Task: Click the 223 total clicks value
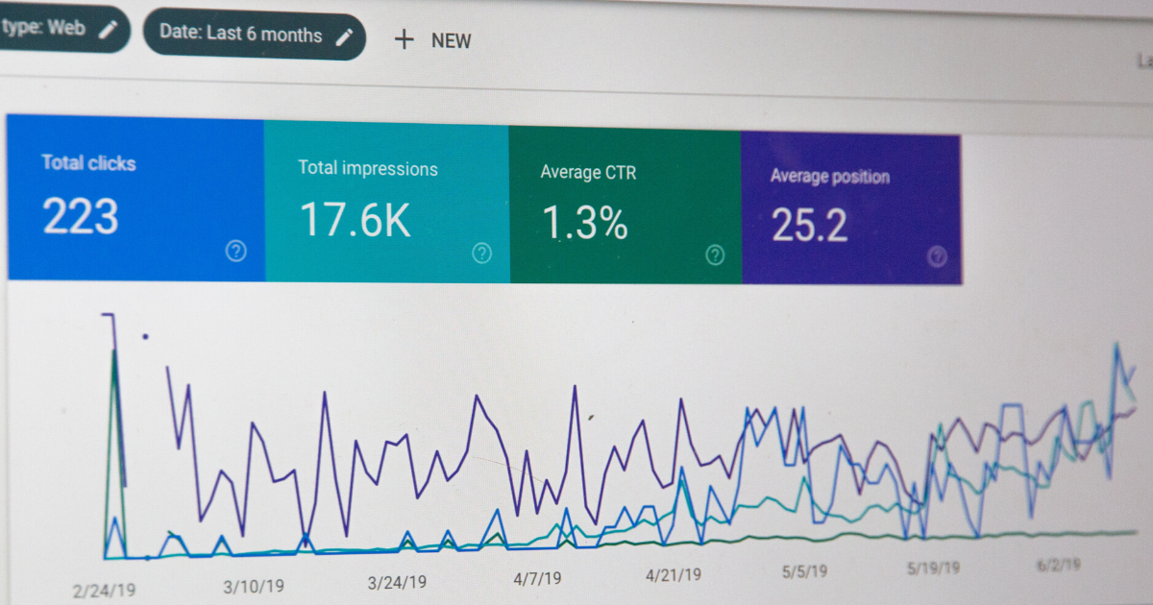point(81,216)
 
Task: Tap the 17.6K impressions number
point(355,219)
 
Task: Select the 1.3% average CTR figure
point(585,223)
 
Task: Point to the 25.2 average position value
point(810,226)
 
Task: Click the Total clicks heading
point(88,163)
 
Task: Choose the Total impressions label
point(367,169)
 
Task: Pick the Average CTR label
point(588,174)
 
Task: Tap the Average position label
point(829,177)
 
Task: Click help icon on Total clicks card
point(235,251)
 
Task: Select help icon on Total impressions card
point(482,253)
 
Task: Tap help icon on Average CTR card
point(715,254)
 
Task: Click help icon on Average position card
point(938,256)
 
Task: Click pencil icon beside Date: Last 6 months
point(344,36)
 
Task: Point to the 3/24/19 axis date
point(397,582)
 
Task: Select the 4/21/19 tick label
point(673,575)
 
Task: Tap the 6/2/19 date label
point(1059,565)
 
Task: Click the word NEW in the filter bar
point(451,40)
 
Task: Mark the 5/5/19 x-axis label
point(805,571)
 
